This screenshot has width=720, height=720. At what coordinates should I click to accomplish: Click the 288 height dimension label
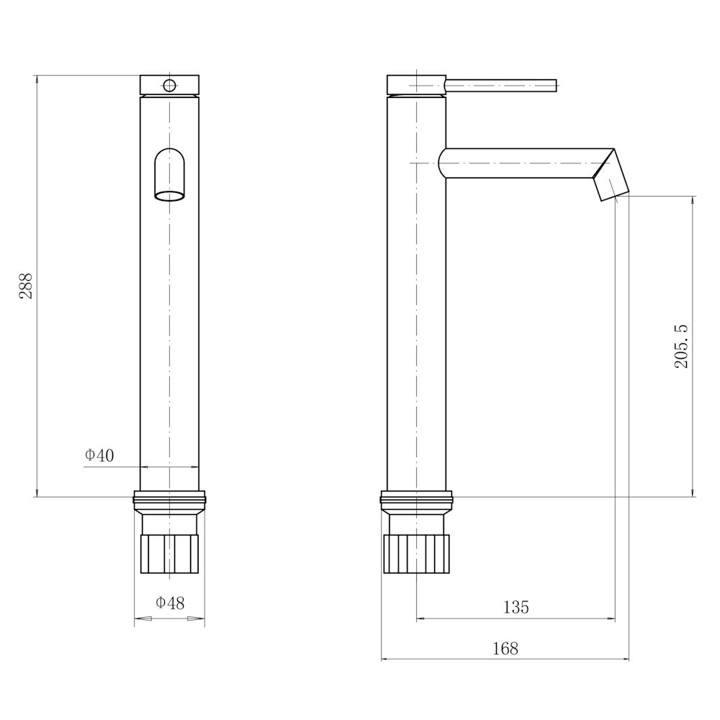26,286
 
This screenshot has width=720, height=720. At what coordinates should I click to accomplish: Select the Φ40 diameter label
99,455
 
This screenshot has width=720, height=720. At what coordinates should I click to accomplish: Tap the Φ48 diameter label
170,603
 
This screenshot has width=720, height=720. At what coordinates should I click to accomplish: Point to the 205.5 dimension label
681,346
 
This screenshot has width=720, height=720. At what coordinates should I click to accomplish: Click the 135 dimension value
516,607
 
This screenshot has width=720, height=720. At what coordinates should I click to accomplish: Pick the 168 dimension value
505,649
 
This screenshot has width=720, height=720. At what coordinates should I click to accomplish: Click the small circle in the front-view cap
169,85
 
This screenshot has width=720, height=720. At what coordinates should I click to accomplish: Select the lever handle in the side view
501,86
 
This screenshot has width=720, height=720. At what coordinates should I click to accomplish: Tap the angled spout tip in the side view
611,175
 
